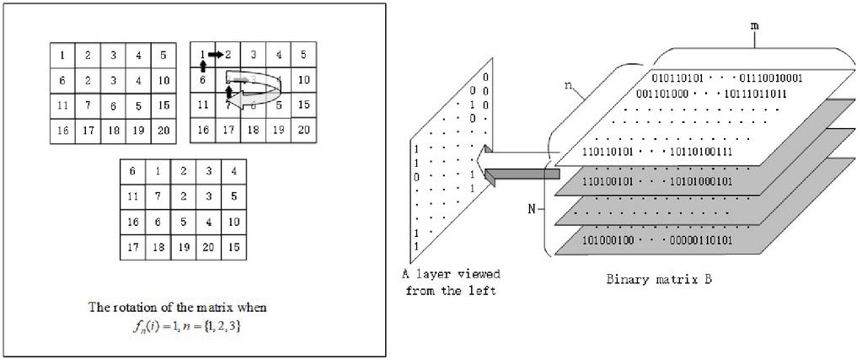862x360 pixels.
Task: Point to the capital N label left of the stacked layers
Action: point(533,206)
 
